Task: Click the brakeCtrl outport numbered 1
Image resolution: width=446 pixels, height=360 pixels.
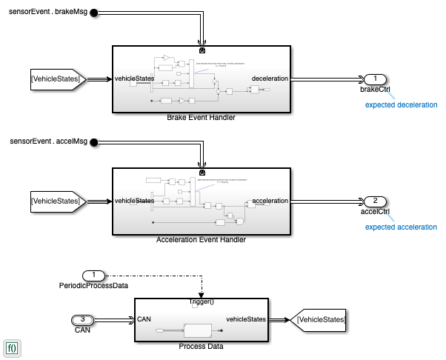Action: pos(376,79)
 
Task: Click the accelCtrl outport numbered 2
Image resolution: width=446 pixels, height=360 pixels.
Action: pos(376,201)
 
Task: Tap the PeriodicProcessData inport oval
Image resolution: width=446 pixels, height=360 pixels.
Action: pos(94,276)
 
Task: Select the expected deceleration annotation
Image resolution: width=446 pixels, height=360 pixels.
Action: pos(401,104)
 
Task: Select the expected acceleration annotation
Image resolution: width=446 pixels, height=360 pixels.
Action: pos(401,226)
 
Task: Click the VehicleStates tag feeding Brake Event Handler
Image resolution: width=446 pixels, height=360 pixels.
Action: pos(59,79)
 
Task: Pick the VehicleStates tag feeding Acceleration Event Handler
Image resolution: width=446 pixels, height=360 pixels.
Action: pos(59,201)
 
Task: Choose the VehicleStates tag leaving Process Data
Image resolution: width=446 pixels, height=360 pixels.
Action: pos(319,319)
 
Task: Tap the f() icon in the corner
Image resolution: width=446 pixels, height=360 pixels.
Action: pos(13,347)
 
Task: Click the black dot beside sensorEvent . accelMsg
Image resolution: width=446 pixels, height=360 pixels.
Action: pos(94,139)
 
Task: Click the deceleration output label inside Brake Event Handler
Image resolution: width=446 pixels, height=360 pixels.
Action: pos(270,79)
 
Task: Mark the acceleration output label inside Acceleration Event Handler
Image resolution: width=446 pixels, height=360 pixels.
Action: pos(270,201)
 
